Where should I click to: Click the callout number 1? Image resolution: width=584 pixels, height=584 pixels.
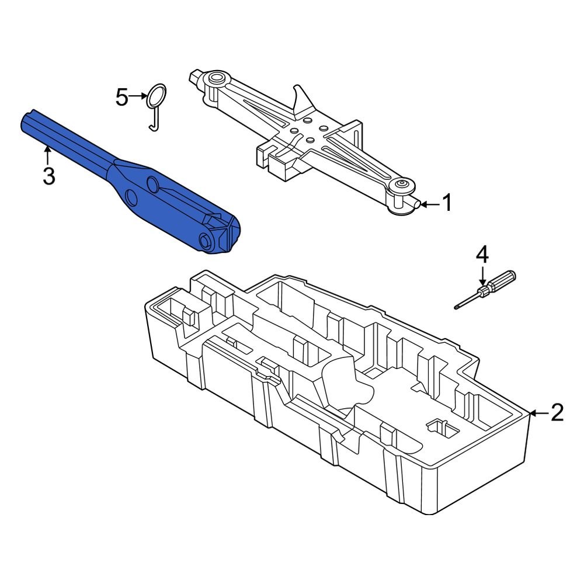click(x=446, y=204)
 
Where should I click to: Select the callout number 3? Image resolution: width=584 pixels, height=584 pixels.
click(x=48, y=175)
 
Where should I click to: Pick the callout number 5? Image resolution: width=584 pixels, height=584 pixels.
click(x=121, y=97)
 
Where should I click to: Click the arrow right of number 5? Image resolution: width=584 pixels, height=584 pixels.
click(x=139, y=96)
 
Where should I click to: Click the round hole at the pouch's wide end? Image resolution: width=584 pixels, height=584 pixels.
click(x=205, y=241)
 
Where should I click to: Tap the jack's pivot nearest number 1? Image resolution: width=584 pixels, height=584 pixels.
click(x=402, y=187)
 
